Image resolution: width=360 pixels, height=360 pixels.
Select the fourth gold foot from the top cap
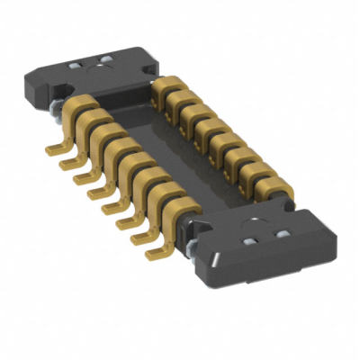pos(93,190)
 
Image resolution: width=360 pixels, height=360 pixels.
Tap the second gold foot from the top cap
pos(64,162)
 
